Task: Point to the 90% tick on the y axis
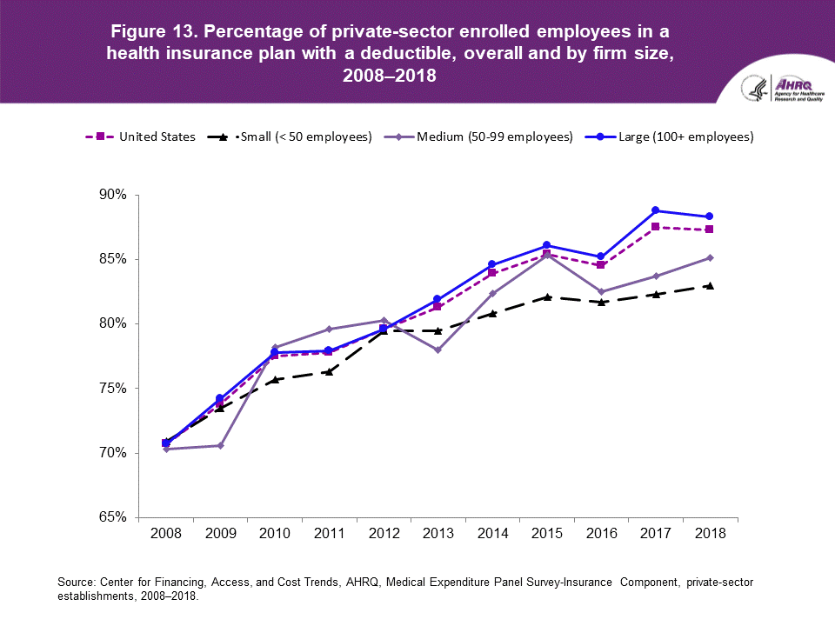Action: [113, 195]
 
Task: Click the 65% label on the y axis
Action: [113, 518]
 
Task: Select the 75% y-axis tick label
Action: [113, 389]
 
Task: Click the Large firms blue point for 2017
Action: [655, 210]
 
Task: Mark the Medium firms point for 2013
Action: [438, 350]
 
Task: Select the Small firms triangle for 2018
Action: [710, 285]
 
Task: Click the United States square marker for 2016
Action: [601, 264]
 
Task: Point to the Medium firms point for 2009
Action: [220, 445]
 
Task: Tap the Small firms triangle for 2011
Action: [329, 371]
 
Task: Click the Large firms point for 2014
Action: [492, 264]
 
